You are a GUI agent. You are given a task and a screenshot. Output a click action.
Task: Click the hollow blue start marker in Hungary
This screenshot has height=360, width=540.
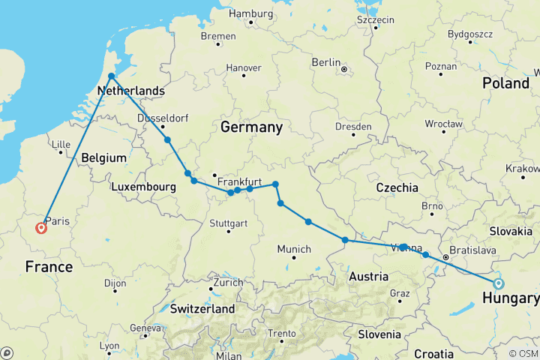pyautogui.click(x=498, y=283)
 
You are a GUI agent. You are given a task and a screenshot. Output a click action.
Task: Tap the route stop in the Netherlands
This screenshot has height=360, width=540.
pyautogui.click(x=111, y=76)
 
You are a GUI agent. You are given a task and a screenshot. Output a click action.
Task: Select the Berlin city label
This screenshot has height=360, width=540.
pyautogui.click(x=327, y=62)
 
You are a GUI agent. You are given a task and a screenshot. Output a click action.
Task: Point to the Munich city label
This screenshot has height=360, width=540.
pyautogui.click(x=294, y=249)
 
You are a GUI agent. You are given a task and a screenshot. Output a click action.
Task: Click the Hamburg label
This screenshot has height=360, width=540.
pyautogui.click(x=250, y=13)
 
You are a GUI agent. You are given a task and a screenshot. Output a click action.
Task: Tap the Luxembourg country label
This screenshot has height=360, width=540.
pyautogui.click(x=143, y=186)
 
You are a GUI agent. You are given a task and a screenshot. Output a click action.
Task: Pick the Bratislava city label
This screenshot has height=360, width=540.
pyautogui.click(x=472, y=249)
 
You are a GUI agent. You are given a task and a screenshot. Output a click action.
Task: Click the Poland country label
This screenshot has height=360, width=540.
pyautogui.click(x=505, y=83)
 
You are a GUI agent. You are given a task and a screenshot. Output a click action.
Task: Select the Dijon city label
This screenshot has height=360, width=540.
pyautogui.click(x=115, y=283)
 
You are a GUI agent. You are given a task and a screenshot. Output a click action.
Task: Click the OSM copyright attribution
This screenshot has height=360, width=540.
pyautogui.click(x=523, y=353)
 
